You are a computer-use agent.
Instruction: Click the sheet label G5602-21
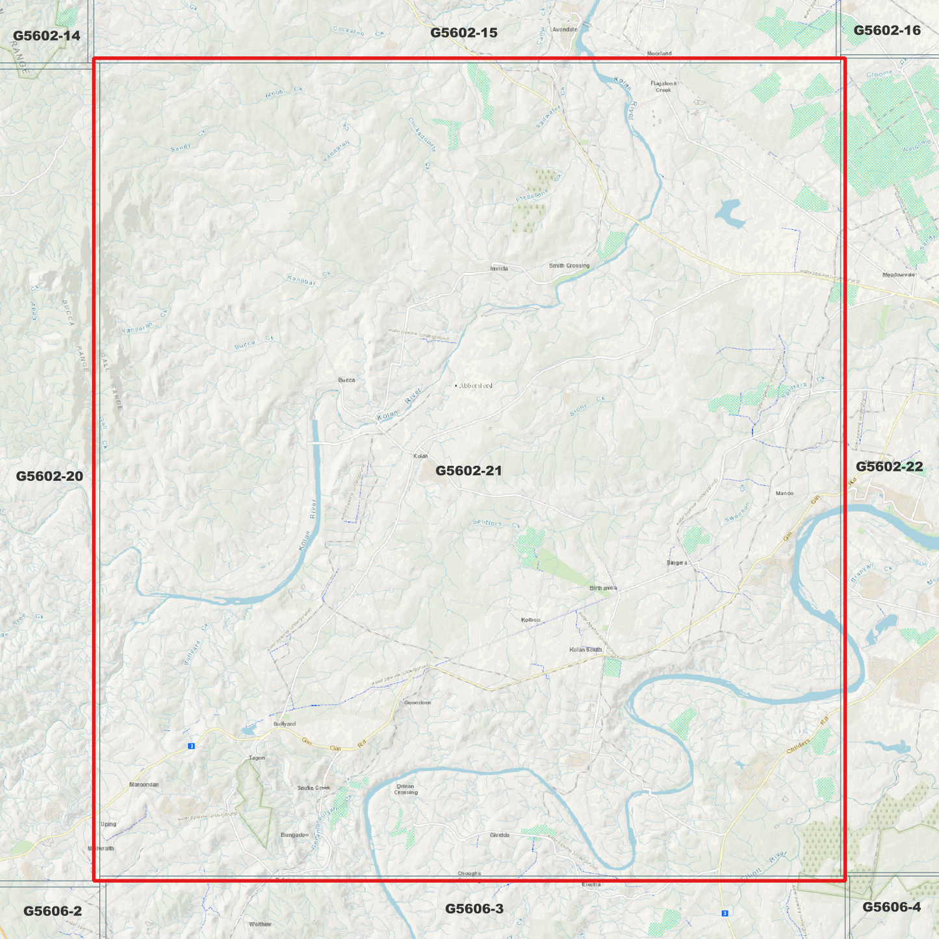pos(469,470)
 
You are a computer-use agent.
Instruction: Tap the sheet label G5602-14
pos(47,36)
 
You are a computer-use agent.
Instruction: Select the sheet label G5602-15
pos(464,32)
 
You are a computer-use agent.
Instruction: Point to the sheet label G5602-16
pos(887,31)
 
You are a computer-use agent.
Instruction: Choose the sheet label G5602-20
pos(49,476)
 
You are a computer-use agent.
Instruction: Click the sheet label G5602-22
pos(889,467)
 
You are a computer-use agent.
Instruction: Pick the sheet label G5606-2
pos(53,911)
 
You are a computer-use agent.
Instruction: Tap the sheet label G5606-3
pos(474,908)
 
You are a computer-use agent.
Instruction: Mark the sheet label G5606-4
pos(892,907)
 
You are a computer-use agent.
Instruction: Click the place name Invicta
pos(499,268)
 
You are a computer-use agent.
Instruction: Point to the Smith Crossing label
pos(569,266)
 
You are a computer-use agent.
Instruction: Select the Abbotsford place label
pos(475,386)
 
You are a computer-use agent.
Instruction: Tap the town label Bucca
pos(346,380)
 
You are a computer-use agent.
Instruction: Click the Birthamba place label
pos(603,588)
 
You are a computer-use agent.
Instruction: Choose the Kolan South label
pos(585,650)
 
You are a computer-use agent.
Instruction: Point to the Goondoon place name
pos(417,702)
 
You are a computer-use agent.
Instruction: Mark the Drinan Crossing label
pos(405,790)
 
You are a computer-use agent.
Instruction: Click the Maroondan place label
pos(144,785)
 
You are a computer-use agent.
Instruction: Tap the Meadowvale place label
pos(899,275)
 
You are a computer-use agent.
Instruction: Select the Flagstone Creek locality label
pos(663,86)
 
